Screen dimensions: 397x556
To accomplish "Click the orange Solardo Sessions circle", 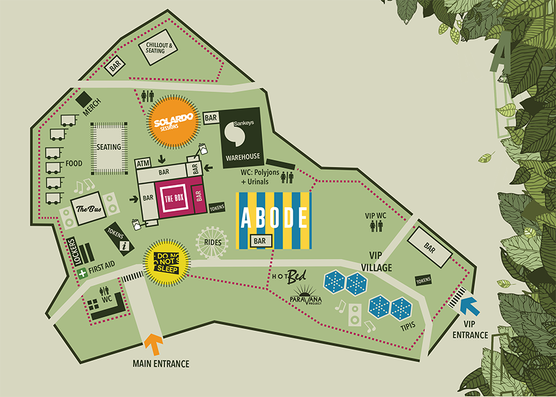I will click(174, 120).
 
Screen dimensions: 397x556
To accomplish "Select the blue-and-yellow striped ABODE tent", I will click(273, 220).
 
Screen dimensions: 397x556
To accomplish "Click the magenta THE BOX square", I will click(173, 199).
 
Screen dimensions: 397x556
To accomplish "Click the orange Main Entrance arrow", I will click(153, 344).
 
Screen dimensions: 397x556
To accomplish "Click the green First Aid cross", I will click(81, 273).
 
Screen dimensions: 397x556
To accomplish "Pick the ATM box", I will click(144, 164).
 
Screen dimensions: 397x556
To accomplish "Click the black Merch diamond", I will click(84, 99).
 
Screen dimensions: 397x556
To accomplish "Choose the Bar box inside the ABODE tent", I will click(259, 240).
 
